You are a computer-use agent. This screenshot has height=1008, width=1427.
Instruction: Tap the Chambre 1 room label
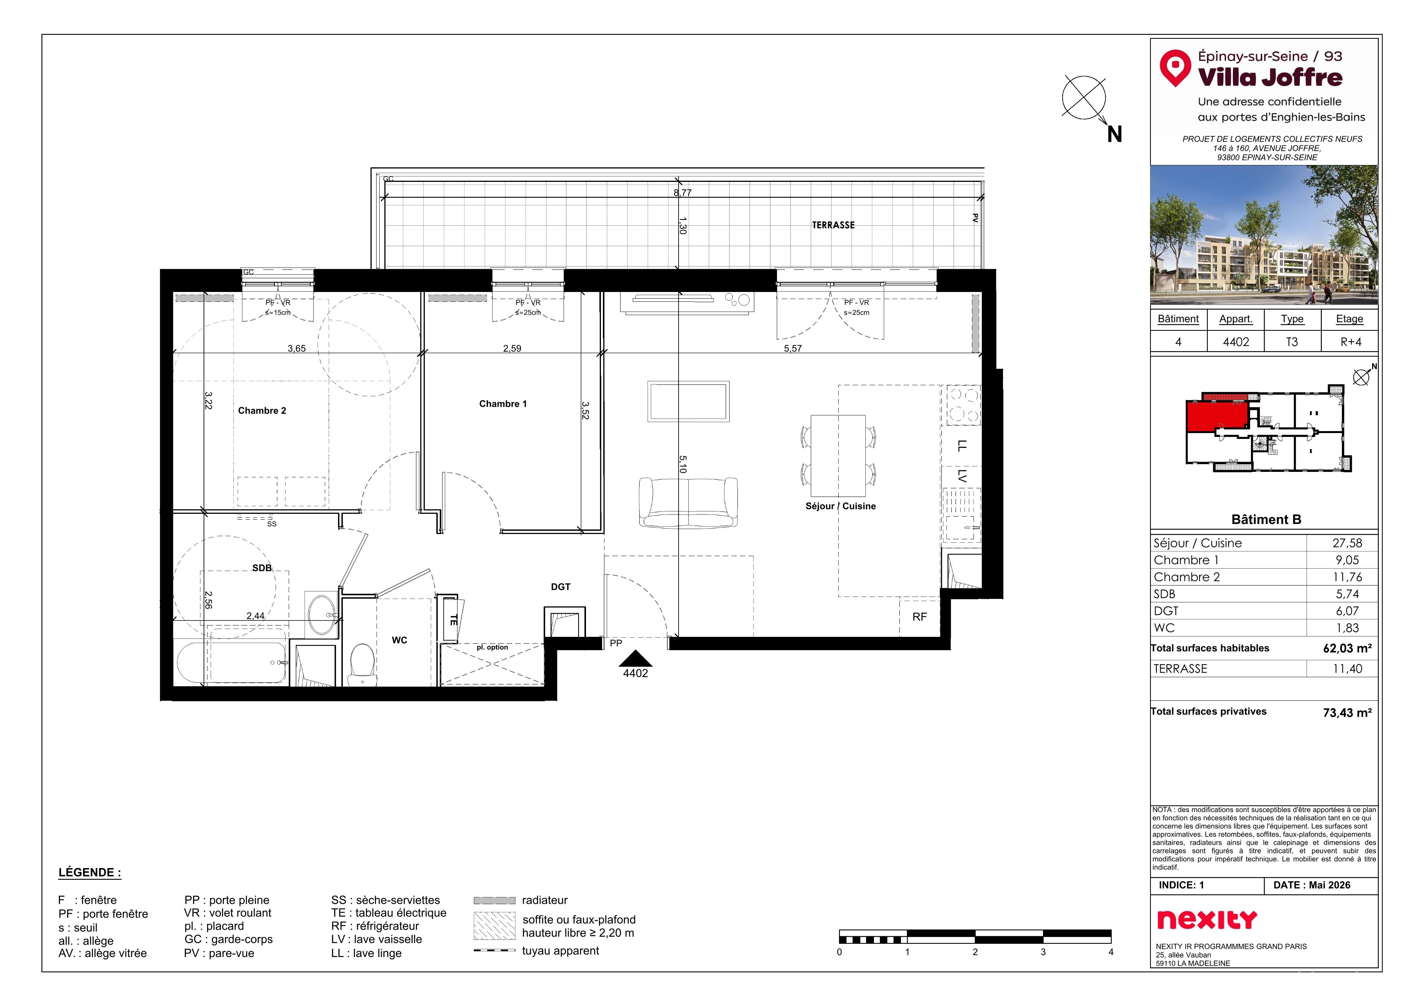click(x=503, y=404)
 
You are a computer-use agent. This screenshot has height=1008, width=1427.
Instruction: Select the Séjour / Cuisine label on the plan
click(x=840, y=506)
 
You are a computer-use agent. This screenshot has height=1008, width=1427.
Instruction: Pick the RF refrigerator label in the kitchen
click(x=919, y=617)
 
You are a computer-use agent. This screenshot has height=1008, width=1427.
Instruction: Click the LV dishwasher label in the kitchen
click(x=961, y=476)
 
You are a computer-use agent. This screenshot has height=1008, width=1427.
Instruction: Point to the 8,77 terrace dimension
click(x=683, y=192)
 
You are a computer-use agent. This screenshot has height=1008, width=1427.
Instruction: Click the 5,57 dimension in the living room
click(x=792, y=348)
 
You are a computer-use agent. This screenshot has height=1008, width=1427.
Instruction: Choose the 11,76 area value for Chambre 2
click(x=1347, y=577)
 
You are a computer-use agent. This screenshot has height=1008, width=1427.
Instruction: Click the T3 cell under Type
click(x=1292, y=342)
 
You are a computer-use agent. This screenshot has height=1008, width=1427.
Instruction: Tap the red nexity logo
click(x=1207, y=920)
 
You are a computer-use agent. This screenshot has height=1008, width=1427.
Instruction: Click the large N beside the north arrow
click(x=1114, y=134)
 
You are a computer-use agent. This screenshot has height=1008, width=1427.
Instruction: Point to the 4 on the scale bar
click(x=1110, y=952)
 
